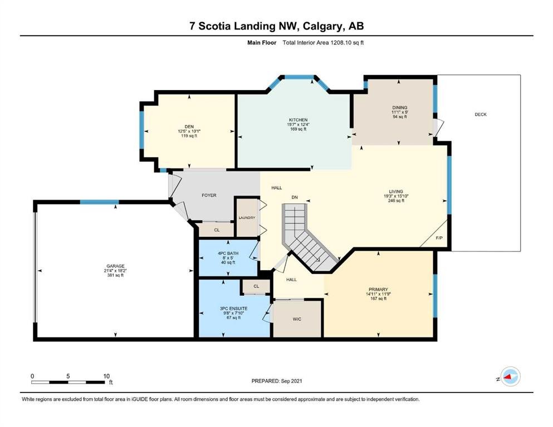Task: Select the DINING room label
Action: pyautogui.click(x=399, y=107)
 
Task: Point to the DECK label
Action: pyautogui.click(x=480, y=115)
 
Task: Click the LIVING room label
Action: pyautogui.click(x=396, y=191)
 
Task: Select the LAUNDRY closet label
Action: pyautogui.click(x=246, y=217)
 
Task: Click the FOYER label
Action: pyautogui.click(x=209, y=195)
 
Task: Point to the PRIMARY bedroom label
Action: pyautogui.click(x=377, y=289)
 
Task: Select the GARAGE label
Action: pyautogui.click(x=116, y=266)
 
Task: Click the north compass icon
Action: pyautogui.click(x=509, y=377)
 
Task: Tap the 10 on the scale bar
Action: pyautogui.click(x=105, y=376)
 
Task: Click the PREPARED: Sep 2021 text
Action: pyautogui.click(x=276, y=381)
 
